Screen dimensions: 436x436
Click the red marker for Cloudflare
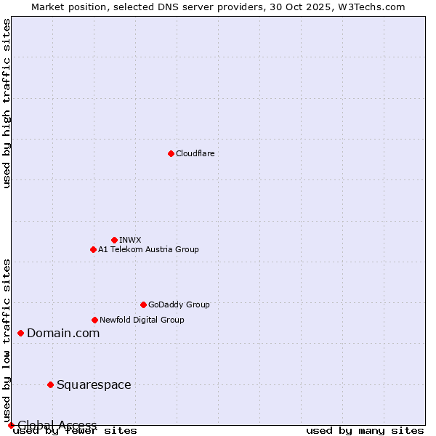coord(171,153)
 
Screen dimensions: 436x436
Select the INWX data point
coord(114,240)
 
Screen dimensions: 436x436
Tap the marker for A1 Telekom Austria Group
coord(93,249)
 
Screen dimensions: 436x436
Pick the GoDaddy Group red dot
coord(143,304)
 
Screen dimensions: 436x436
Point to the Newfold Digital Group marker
coord(94,320)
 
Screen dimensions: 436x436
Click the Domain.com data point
coord(20,333)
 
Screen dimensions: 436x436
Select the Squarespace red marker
coord(50,384)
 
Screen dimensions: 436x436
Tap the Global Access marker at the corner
coord(11,425)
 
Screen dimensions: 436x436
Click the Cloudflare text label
coord(195,153)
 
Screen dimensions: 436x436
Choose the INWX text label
coord(130,240)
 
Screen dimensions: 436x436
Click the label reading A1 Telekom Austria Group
coord(148,249)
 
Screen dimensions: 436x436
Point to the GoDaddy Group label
coord(179,304)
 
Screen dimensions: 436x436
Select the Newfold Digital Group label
coord(142,320)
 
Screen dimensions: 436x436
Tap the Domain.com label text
coord(63,333)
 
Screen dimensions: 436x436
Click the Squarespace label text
coord(94,384)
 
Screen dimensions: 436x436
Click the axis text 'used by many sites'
coord(365,431)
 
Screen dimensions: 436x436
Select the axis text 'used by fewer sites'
coord(75,431)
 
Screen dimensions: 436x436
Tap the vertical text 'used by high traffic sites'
coord(7,103)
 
